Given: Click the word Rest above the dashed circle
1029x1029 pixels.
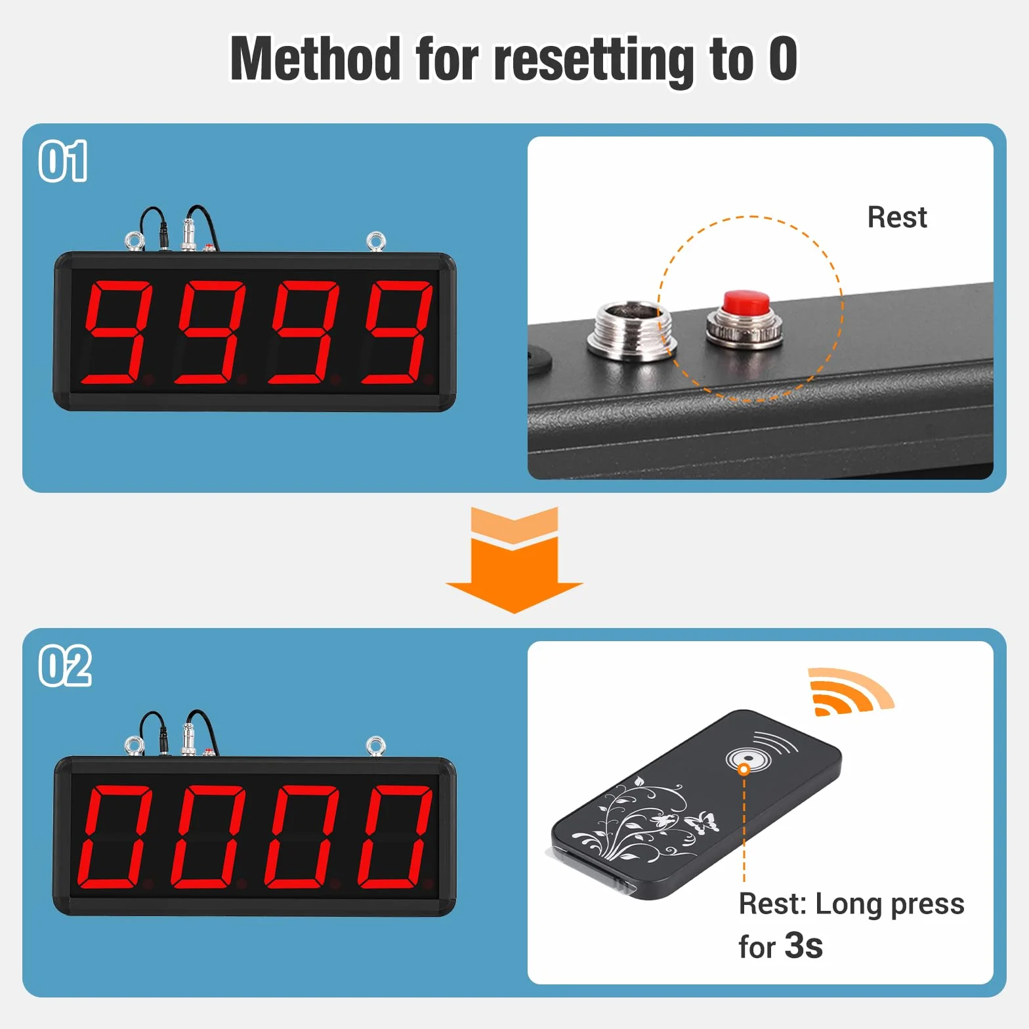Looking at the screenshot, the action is tap(897, 217).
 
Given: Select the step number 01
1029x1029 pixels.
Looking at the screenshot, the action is tap(63, 161).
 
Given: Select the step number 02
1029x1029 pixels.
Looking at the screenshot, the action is tap(65, 665).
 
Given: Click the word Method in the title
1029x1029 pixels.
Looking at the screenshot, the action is tap(315, 59).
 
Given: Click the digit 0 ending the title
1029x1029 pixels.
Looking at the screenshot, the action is tap(783, 58).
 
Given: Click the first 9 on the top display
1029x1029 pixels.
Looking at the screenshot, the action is tap(117, 331).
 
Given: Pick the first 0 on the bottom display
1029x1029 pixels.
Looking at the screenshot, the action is tap(116, 836).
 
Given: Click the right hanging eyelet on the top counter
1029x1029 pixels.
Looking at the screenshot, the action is tap(376, 241).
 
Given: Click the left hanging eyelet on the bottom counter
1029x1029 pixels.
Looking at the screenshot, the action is tap(135, 745).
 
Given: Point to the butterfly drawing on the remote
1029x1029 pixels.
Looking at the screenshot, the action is tap(702, 822).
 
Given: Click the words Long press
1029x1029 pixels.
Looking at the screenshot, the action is tap(889, 905).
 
